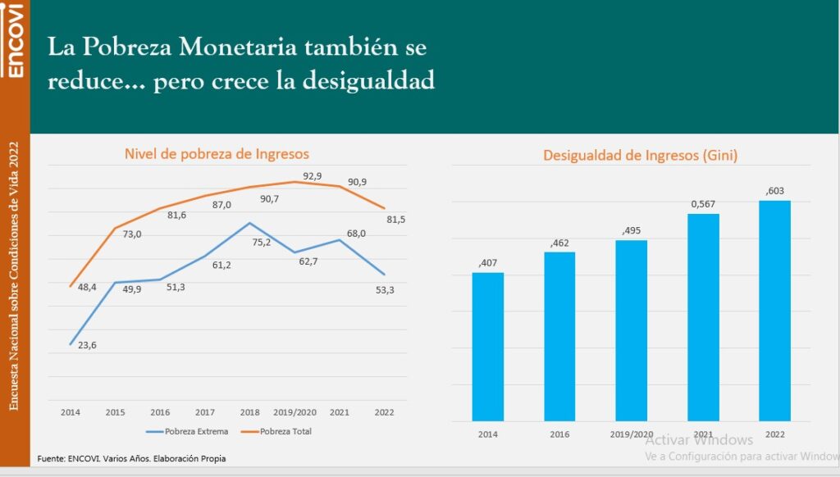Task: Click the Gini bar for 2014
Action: (x=488, y=346)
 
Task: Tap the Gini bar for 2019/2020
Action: (x=631, y=329)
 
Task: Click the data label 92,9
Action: (x=313, y=176)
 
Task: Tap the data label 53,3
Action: (x=386, y=289)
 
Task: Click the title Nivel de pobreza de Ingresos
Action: (x=217, y=153)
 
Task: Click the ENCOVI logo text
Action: (x=14, y=40)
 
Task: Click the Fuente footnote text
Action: (x=131, y=458)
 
